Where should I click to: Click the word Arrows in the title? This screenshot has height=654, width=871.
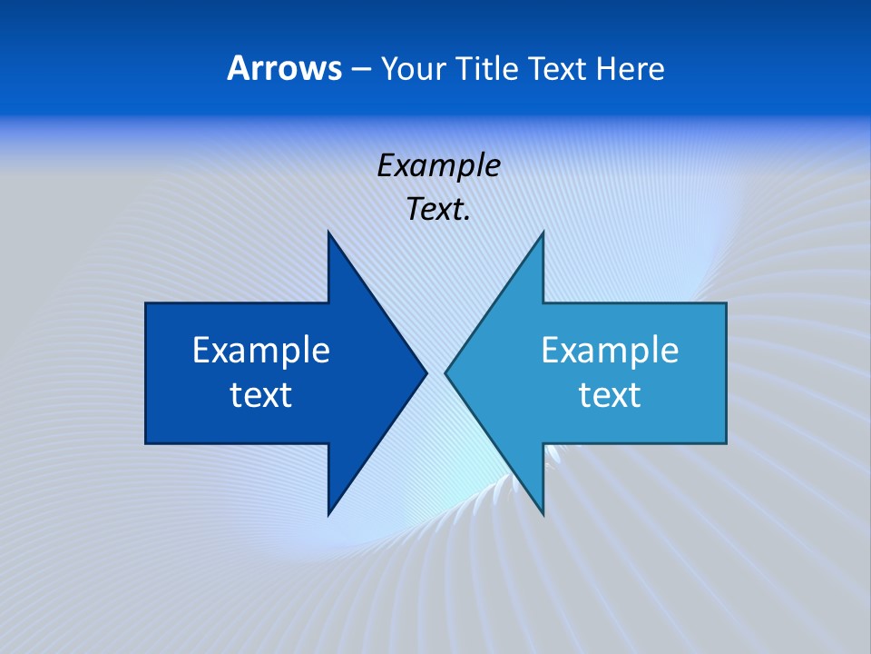pos(284,68)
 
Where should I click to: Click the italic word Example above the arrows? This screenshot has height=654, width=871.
pos(438,166)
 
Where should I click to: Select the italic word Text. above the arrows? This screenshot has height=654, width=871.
pos(438,210)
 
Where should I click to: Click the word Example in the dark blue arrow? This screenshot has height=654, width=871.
pos(261,351)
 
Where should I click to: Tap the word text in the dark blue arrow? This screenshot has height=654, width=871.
pos(261,395)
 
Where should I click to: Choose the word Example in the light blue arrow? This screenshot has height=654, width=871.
pos(610,351)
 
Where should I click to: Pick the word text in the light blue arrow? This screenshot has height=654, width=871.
pos(610,395)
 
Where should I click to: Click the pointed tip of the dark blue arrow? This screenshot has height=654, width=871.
pos(422,372)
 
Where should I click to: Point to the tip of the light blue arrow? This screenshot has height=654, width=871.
pos(450,372)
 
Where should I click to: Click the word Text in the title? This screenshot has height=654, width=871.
pos(557,69)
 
